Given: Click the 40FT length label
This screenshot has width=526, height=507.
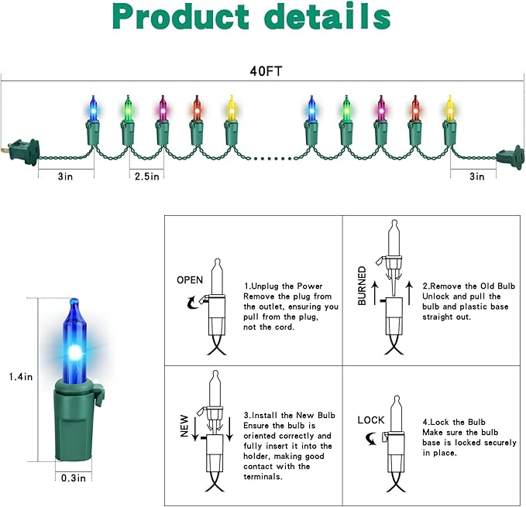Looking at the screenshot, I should point(263,70).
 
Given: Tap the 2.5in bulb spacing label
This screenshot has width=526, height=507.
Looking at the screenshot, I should point(145,176).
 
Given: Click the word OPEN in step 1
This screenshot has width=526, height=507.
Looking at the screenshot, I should point(190,279).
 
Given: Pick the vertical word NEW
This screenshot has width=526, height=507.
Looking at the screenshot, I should point(184,426).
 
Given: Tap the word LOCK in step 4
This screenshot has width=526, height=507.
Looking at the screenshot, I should point(371,420).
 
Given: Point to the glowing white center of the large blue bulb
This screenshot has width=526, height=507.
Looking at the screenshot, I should point(76,352).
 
